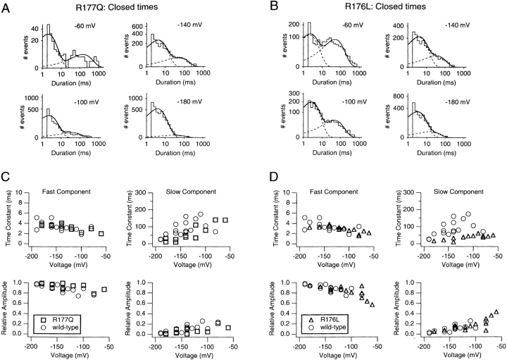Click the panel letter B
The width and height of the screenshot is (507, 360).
(x=268, y=10)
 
